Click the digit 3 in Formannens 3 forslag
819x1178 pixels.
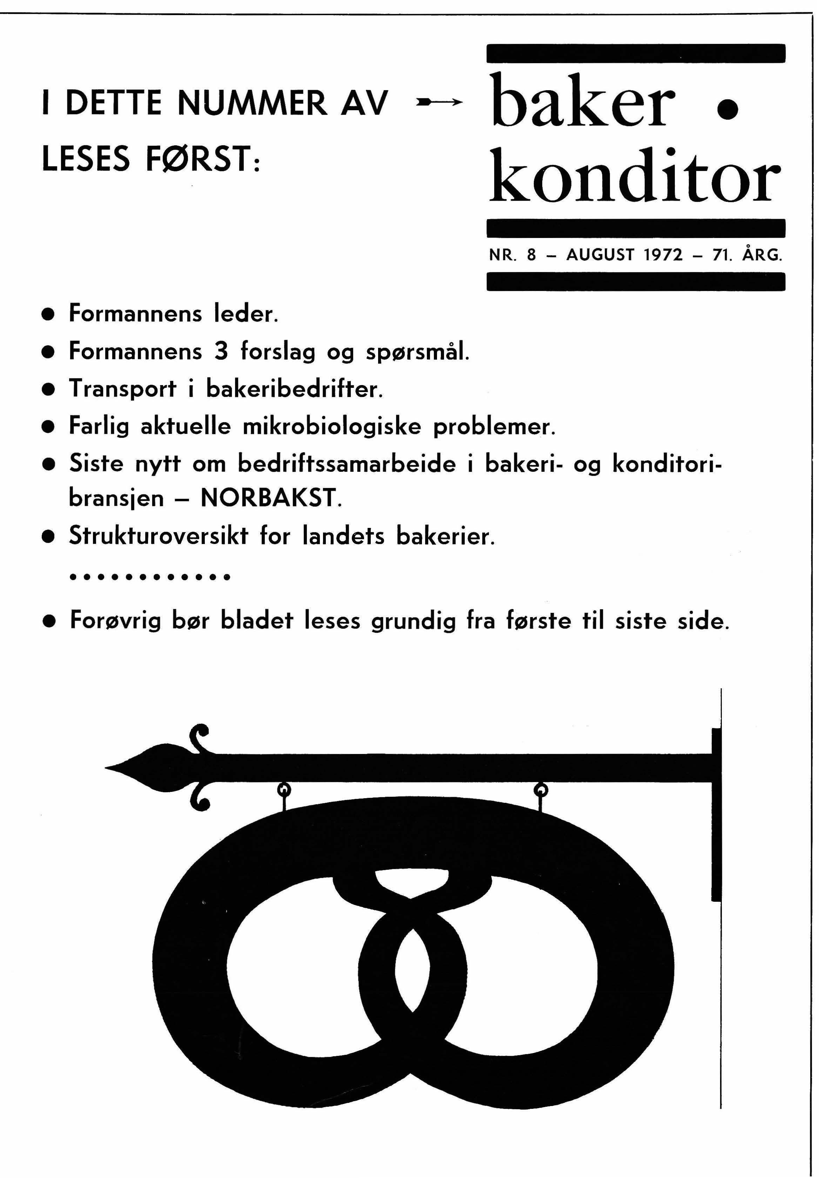pyautogui.click(x=221, y=352)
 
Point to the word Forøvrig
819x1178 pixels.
pyautogui.click(x=115, y=621)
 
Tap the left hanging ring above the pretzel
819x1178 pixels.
pyautogui.click(x=283, y=789)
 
